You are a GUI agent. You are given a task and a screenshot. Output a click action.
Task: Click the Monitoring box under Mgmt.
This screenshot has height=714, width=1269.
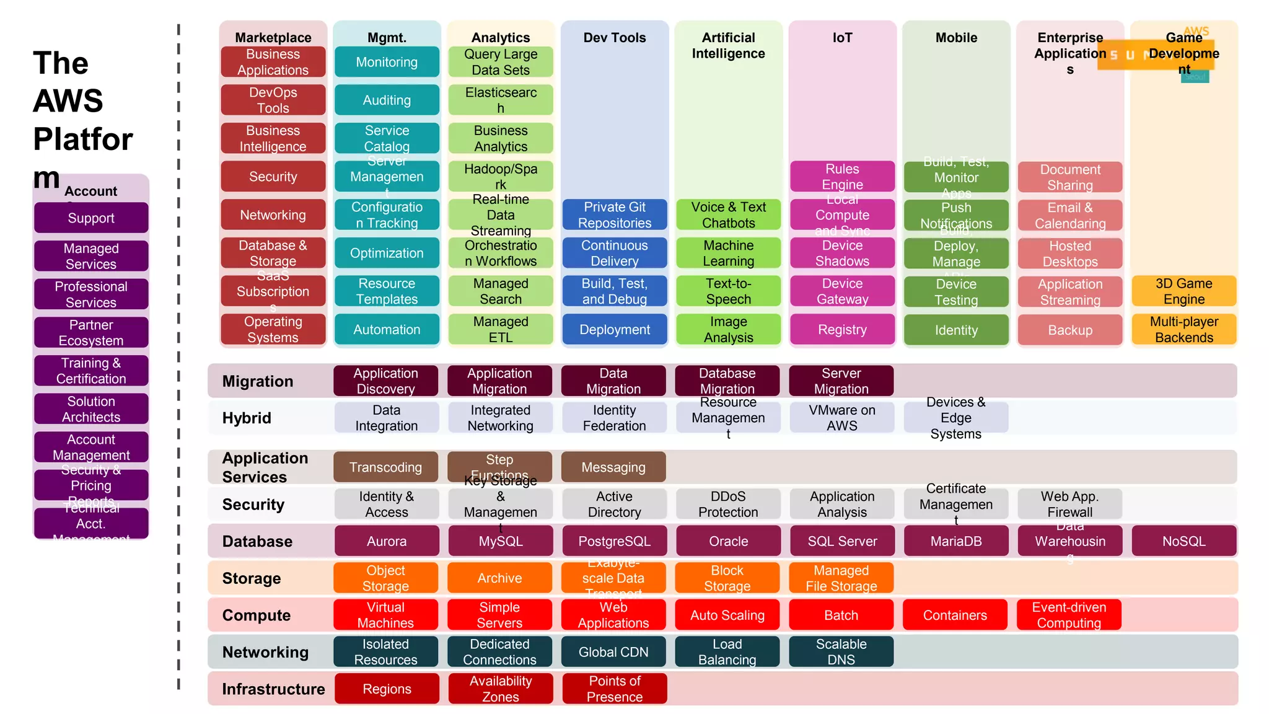click(387, 62)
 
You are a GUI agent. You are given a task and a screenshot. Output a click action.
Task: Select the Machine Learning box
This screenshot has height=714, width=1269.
click(728, 253)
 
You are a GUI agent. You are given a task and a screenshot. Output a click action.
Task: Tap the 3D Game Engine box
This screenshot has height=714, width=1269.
click(1183, 291)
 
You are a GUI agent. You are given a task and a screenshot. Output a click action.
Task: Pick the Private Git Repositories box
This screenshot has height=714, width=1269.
click(614, 214)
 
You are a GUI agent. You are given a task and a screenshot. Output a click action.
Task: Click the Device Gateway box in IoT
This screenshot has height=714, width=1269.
click(842, 291)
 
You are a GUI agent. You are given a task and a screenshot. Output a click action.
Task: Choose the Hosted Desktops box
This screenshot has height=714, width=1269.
click(1069, 253)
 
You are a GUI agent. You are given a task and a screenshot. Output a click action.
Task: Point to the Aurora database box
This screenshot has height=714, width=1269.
click(387, 541)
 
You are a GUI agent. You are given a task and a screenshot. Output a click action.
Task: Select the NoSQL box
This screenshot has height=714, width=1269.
click(1183, 541)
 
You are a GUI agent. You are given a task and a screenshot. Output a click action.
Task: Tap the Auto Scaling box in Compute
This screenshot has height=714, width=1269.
click(727, 615)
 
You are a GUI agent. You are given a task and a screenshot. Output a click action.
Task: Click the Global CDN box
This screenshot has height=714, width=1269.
click(613, 652)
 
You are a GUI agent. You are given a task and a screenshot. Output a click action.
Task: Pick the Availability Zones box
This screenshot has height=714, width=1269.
click(500, 689)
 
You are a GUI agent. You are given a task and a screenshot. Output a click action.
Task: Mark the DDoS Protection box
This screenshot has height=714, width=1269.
click(728, 504)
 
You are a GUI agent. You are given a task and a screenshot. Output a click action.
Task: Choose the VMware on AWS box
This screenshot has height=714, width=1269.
click(841, 418)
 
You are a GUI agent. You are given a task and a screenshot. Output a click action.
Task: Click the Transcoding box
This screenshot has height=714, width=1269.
click(385, 467)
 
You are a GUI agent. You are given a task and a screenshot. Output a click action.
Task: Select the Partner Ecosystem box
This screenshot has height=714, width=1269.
click(91, 333)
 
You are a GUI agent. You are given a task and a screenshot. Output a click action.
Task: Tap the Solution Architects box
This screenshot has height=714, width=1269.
click(91, 409)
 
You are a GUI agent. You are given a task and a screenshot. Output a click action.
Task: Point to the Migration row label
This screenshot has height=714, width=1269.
click(257, 381)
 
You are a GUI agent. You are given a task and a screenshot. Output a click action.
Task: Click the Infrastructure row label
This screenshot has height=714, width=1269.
click(273, 689)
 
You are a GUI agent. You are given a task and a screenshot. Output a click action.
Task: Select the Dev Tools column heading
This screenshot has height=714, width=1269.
click(614, 38)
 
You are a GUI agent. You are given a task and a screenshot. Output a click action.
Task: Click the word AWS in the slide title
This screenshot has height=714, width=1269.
click(68, 101)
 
